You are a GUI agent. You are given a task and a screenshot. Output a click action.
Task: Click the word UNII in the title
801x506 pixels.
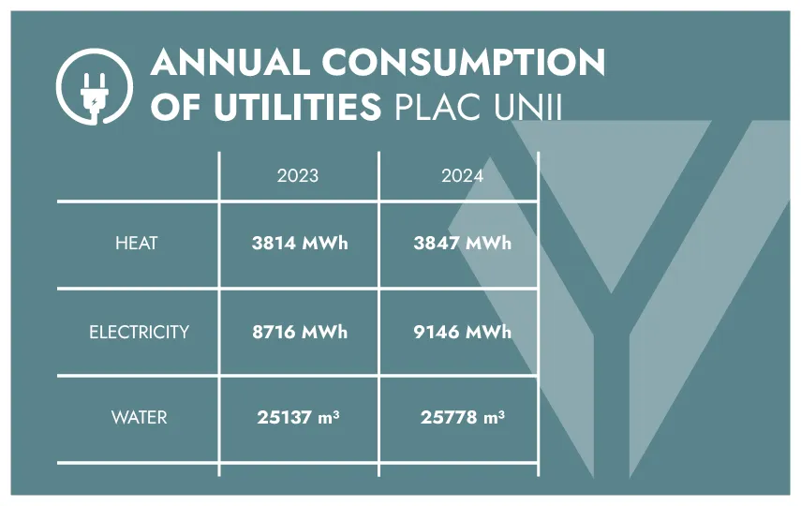click(x=528, y=107)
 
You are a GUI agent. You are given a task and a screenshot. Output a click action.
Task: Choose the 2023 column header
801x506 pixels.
click(x=297, y=175)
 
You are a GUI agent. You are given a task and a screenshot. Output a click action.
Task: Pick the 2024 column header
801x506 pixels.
click(x=462, y=175)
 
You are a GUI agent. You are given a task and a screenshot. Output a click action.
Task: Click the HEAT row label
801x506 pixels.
click(x=137, y=244)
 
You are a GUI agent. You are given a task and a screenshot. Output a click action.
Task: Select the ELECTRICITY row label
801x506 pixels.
click(x=139, y=332)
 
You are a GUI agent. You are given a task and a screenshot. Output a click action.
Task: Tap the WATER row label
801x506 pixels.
click(x=139, y=417)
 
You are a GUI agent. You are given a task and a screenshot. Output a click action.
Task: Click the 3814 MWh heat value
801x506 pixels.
click(x=299, y=244)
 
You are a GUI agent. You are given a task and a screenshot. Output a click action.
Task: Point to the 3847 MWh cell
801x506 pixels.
click(x=462, y=244)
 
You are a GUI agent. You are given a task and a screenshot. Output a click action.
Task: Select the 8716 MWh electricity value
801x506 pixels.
click(x=299, y=332)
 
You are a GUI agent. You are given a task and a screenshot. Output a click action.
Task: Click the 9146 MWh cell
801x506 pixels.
click(x=462, y=332)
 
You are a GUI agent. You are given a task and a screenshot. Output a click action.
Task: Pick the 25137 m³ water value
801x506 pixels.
click(x=298, y=417)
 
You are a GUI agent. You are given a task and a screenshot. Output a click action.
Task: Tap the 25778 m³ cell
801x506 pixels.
click(x=462, y=417)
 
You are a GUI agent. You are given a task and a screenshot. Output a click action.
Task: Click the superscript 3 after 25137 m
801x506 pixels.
click(x=335, y=412)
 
